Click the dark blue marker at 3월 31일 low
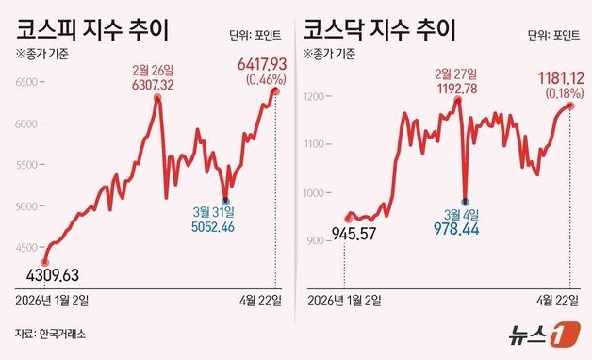click(226, 199)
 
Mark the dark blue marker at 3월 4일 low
click(464, 201)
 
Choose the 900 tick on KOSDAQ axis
click(316, 239)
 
